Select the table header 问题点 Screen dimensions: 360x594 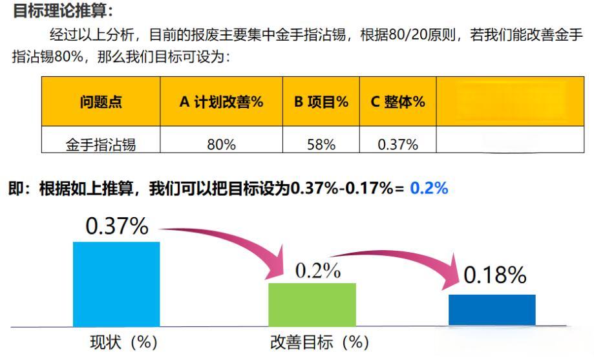101,101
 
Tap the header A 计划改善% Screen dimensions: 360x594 221,101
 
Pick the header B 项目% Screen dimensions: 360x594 321,101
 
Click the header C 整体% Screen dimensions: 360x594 398,101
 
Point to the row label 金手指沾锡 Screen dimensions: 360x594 101,144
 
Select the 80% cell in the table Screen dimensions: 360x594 221,144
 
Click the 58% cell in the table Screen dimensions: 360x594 321,144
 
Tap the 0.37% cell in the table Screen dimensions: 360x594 398,144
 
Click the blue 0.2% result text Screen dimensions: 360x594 429,188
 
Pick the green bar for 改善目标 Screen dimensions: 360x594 312,304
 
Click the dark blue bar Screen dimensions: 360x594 492,310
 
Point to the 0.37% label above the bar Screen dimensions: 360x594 116,226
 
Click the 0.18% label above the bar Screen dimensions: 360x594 495,275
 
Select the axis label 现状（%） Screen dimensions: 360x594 123,342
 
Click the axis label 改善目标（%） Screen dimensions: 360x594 319,342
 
